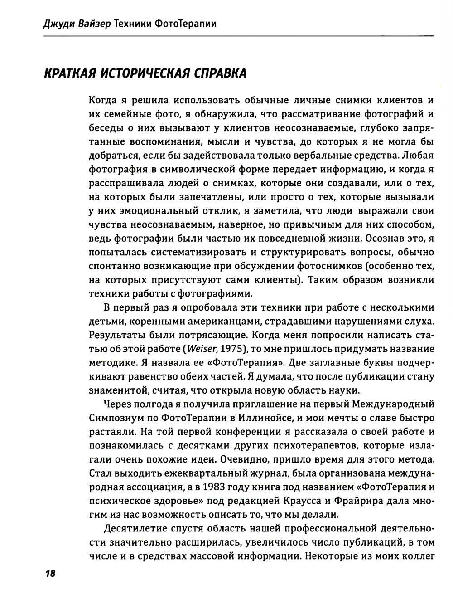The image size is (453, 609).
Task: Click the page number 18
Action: pyautogui.click(x=49, y=573)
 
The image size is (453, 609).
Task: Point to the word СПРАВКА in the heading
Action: pyautogui.click(x=220, y=73)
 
